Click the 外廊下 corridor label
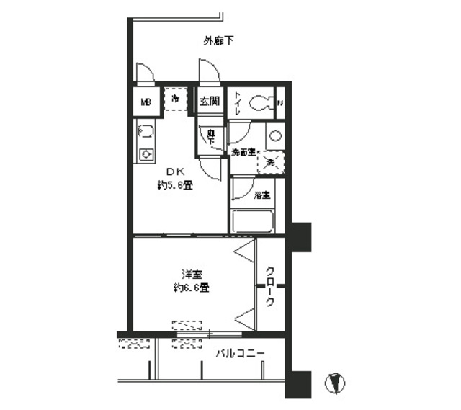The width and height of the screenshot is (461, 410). point(218,41)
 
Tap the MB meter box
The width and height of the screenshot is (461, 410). point(145,102)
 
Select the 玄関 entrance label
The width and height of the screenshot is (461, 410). point(209,102)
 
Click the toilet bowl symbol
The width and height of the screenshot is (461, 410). point(260,103)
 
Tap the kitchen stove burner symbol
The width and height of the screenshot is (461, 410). point(146,154)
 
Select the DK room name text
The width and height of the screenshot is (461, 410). point(176,171)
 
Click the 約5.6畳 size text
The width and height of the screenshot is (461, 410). point(176,185)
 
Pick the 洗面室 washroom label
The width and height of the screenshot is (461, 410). point(243,153)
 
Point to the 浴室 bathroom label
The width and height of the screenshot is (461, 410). point(261,195)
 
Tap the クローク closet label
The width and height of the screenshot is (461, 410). point(270,286)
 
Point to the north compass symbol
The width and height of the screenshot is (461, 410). point(333,383)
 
